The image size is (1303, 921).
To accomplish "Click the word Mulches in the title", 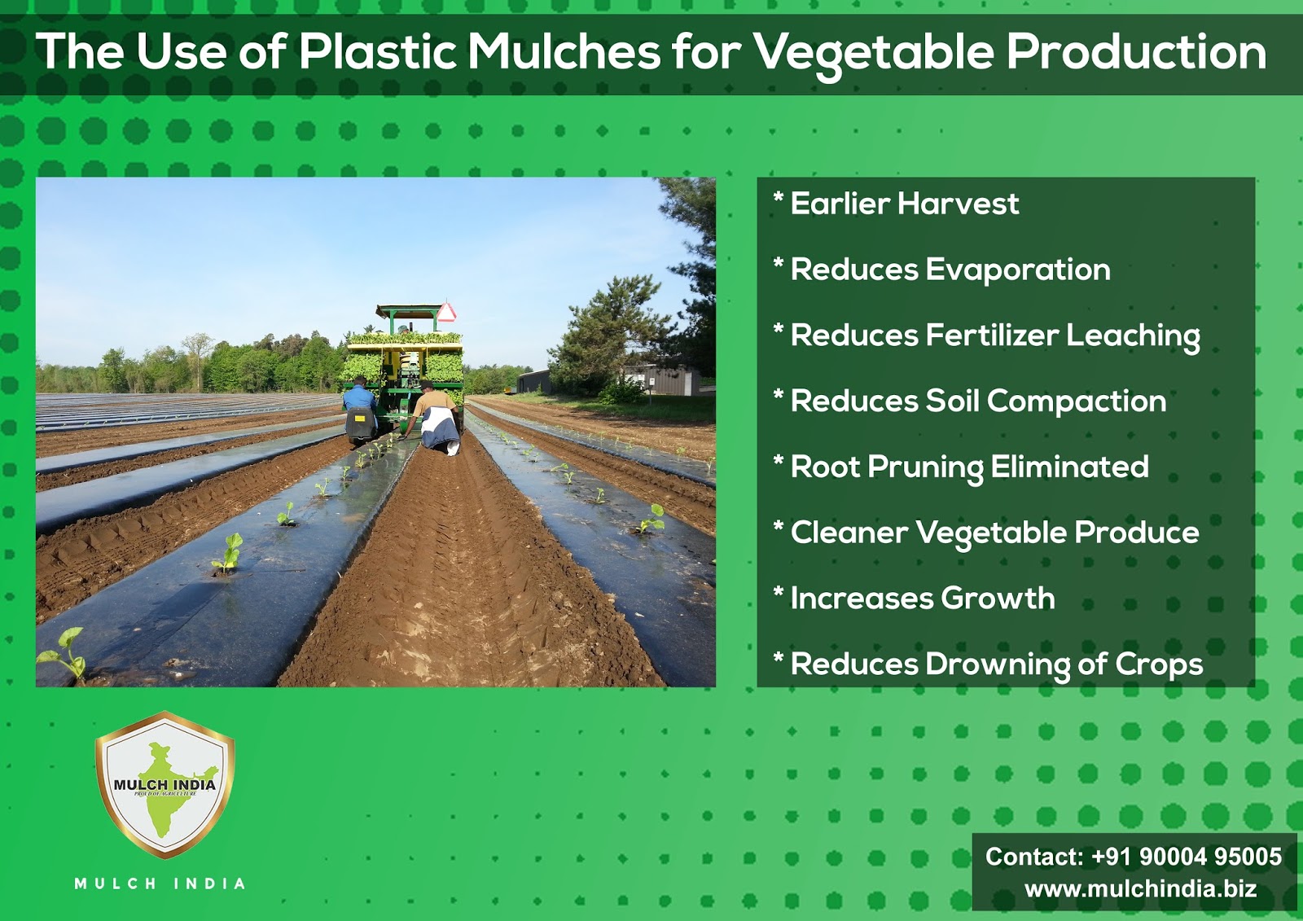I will [x=564, y=52].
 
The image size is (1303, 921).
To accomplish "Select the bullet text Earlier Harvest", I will [x=904, y=204].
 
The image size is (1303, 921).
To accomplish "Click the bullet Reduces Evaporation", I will [x=950, y=270].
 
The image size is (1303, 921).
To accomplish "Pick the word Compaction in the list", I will [x=1077, y=401].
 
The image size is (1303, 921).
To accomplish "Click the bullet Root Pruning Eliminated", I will [x=969, y=467].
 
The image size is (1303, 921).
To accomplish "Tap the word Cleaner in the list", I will [x=849, y=533].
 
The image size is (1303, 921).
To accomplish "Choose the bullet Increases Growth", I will [x=922, y=599].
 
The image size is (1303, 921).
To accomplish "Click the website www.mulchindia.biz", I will [x=1140, y=888].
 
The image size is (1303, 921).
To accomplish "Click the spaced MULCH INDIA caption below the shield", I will [x=160, y=884].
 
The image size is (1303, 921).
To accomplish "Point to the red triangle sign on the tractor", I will [x=446, y=312].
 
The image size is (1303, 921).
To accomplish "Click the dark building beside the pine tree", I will [x=534, y=381].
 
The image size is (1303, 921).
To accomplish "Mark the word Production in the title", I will [x=1136, y=52].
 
